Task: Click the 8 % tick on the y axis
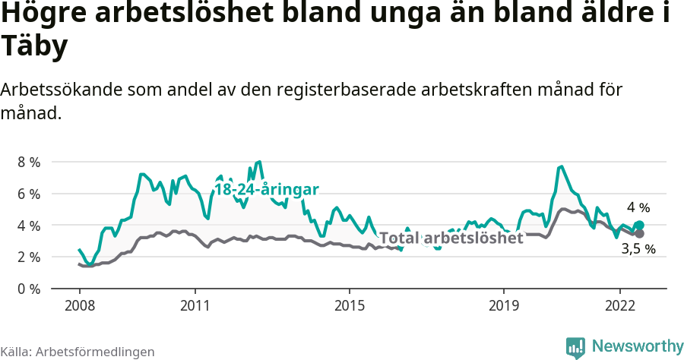(29, 162)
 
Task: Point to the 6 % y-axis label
(29, 194)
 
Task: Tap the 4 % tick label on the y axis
(29, 226)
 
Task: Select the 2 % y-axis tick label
(29, 257)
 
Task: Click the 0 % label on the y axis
(29, 289)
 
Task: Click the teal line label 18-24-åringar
(266, 190)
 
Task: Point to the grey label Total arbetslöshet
(451, 238)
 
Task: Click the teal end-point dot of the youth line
(639, 225)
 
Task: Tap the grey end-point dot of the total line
(639, 233)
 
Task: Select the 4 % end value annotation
(638, 207)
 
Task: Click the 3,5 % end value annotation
(638, 249)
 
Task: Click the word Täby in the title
(35, 47)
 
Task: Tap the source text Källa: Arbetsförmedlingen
(78, 352)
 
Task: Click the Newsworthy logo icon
(575, 347)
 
